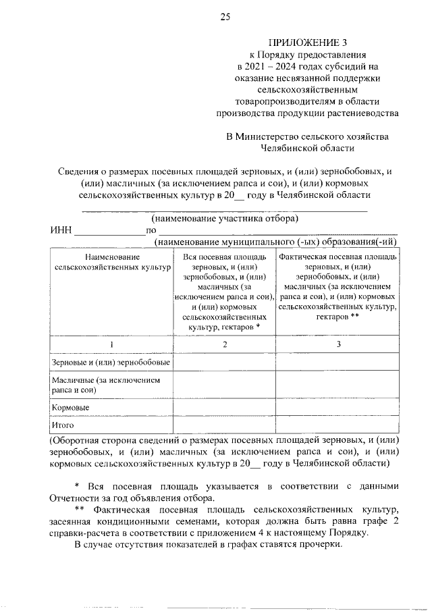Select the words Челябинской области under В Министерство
pyautogui.click(x=307, y=148)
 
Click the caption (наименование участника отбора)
pyautogui.click(x=225, y=219)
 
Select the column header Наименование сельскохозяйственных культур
pyautogui.click(x=111, y=263)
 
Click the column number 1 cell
pyautogui.click(x=111, y=345)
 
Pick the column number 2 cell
pyautogui.click(x=224, y=345)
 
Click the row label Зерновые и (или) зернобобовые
pyautogui.click(x=111, y=363)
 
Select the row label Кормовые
pyautogui.click(x=71, y=408)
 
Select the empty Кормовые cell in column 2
pyautogui.click(x=224, y=408)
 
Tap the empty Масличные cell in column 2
pyautogui.click(x=224, y=385)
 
